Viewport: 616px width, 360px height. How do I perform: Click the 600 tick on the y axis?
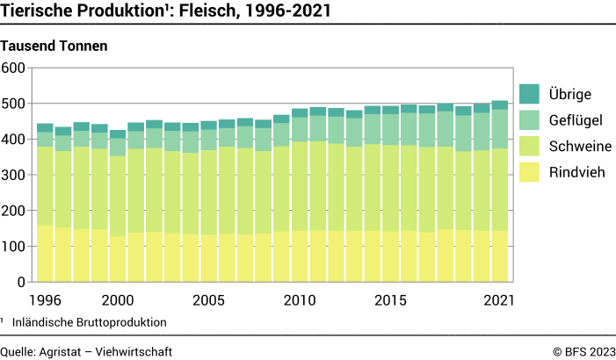click(16, 68)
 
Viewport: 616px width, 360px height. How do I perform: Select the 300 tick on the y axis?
click(16, 175)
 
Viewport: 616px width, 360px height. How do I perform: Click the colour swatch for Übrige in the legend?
click(528, 94)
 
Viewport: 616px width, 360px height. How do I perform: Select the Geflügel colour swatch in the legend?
click(528, 119)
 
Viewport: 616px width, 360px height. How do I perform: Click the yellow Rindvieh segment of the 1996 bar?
click(45, 255)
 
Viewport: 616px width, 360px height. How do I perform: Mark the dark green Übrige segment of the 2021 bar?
click(499, 104)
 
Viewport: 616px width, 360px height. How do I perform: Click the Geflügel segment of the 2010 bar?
click(300, 130)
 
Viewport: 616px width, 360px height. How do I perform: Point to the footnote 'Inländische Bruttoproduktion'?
click(89, 322)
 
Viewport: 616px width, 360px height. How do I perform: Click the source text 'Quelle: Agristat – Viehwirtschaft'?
click(86, 351)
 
